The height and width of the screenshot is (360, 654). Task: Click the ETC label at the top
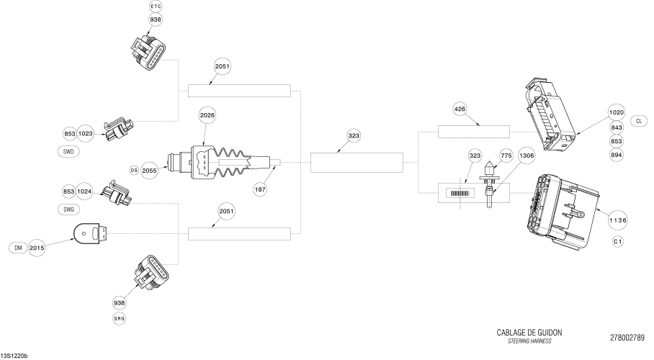tap(156, 6)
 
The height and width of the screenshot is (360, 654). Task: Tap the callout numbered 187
tap(261, 189)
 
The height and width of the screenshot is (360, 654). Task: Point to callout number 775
tap(506, 155)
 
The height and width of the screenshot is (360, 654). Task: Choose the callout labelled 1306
tap(527, 155)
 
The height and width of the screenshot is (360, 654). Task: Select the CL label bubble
tap(639, 120)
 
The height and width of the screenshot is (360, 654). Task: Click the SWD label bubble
tap(68, 152)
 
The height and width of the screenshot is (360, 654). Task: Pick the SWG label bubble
tap(68, 209)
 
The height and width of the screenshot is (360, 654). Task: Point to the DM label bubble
tap(17, 248)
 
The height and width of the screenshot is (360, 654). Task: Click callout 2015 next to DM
tap(37, 248)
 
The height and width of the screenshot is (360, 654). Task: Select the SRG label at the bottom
tap(119, 318)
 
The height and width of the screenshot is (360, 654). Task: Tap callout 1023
tap(86, 132)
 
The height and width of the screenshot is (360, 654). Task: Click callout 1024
tap(86, 192)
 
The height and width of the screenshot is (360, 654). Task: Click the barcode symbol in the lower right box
tap(460, 193)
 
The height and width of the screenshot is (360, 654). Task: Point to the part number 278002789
tap(627, 338)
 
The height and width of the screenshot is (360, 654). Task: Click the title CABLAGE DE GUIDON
tap(529, 333)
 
